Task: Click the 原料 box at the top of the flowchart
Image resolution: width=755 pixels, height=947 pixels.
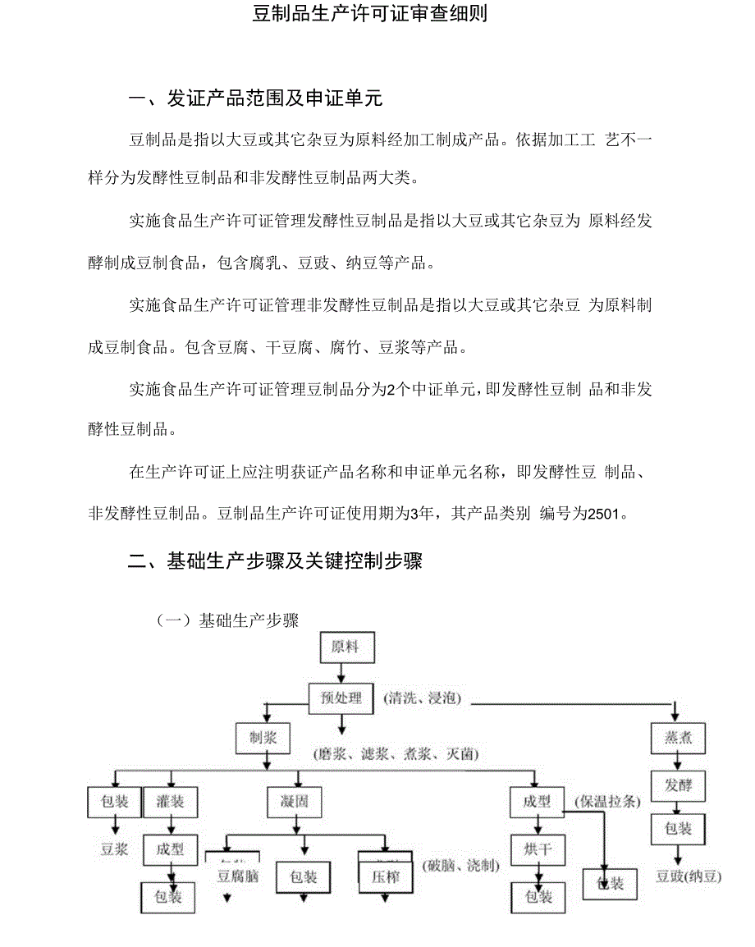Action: tap(345, 647)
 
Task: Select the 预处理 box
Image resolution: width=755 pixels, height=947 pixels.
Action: tap(341, 698)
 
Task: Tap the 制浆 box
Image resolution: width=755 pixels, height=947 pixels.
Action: tap(263, 737)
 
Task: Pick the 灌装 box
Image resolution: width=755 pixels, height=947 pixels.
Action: tap(171, 801)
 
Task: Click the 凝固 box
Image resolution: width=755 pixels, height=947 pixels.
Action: tap(294, 801)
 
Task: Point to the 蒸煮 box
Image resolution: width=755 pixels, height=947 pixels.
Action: tap(678, 737)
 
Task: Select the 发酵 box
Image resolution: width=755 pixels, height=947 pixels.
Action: tap(678, 785)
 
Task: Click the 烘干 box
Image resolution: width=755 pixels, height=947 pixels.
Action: tap(538, 849)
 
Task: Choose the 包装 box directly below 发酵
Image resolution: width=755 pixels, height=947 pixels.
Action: tap(678, 829)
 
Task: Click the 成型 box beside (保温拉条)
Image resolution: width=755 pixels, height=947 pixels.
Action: tap(537, 801)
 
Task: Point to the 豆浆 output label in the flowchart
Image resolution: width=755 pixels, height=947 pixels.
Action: tap(114, 849)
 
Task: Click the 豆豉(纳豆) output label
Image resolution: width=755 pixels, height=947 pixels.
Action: tap(689, 876)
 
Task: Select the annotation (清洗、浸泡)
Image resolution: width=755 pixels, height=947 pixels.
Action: tap(422, 698)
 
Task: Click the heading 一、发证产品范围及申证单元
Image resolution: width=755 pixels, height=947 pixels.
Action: tap(256, 100)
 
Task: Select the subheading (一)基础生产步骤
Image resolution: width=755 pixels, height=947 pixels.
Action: tap(227, 620)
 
